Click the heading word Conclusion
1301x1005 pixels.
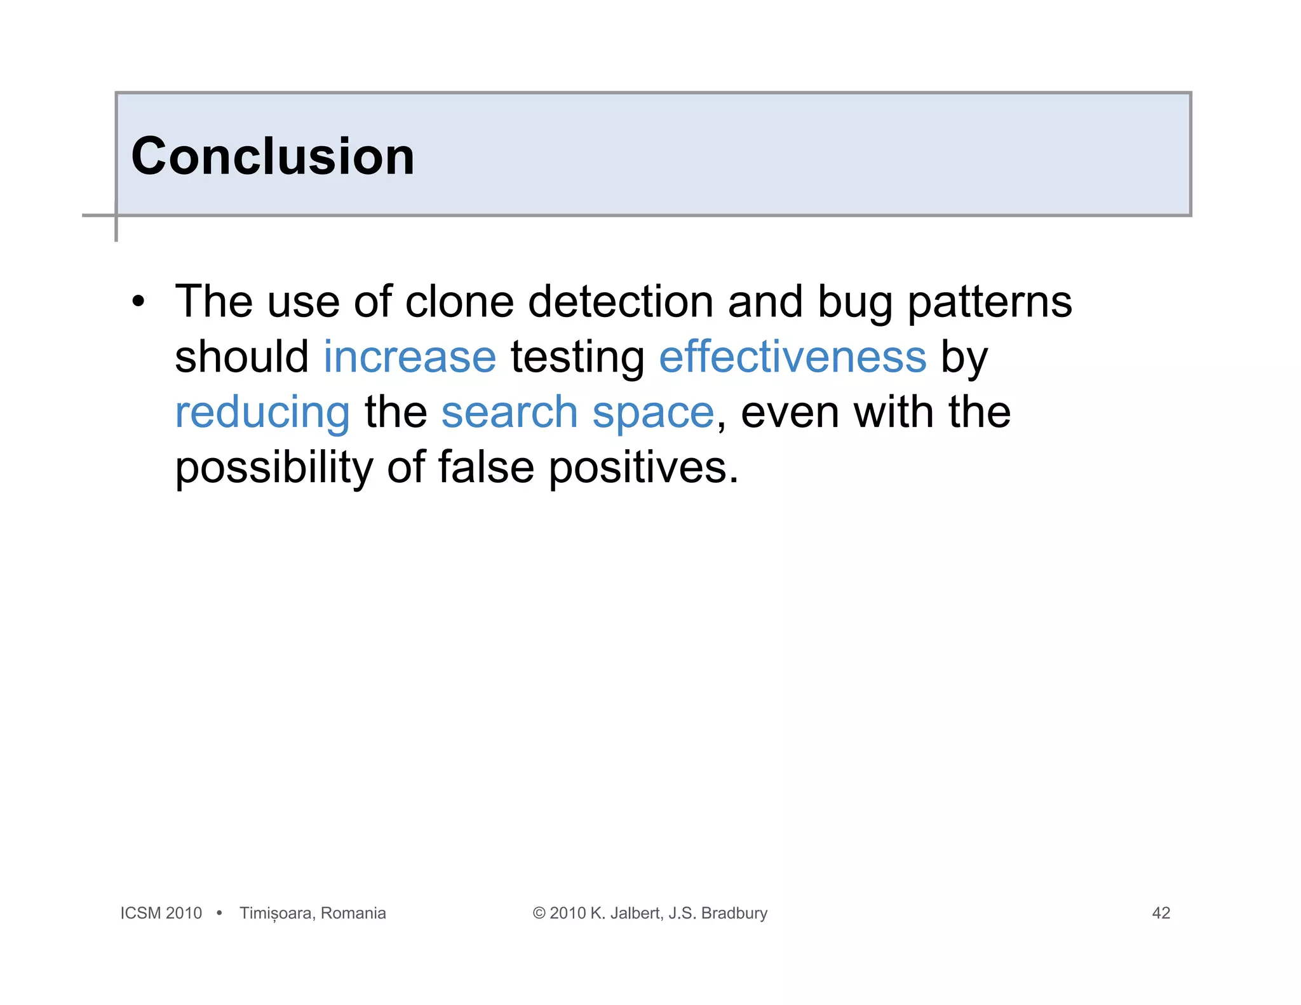pos(273,156)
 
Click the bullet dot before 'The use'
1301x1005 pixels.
pos(138,301)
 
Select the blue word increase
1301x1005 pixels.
pos(410,357)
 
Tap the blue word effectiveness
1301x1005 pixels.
pos(793,357)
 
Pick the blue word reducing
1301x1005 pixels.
pos(262,413)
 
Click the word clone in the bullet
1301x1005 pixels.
pos(459,301)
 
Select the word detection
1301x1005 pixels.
pos(621,301)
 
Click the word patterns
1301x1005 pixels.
pos(989,302)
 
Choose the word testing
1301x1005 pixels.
pos(577,358)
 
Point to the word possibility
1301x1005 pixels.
pos(274,469)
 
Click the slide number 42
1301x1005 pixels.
pos(1161,913)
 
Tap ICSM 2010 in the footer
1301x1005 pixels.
pos(161,913)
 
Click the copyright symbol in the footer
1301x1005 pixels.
pos(539,913)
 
